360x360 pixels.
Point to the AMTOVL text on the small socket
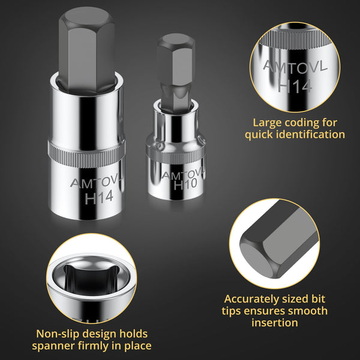(181, 175)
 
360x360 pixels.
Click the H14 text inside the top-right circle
(295, 85)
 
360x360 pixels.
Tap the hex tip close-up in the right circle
(276, 246)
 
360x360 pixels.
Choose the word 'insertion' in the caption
(275, 323)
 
